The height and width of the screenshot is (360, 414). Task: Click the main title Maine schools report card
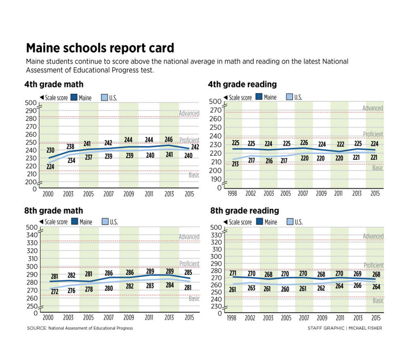click(100, 48)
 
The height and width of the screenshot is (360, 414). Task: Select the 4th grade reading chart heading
click(242, 84)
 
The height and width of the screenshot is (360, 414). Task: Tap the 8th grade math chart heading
click(54, 211)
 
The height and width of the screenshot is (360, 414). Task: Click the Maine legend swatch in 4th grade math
click(75, 98)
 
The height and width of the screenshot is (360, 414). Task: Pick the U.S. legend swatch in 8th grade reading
click(290, 222)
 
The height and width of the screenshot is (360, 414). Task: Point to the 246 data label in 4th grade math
click(169, 139)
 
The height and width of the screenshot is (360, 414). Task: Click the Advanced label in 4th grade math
click(189, 113)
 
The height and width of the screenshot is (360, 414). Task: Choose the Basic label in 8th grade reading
click(378, 301)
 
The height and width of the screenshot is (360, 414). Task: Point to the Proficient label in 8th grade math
click(189, 264)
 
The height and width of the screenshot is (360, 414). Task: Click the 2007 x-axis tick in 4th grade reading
click(303, 193)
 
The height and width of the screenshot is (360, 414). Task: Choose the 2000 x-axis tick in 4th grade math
click(48, 194)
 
